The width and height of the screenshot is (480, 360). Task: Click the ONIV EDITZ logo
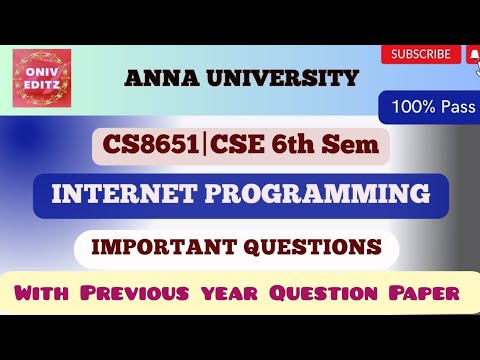[42, 79]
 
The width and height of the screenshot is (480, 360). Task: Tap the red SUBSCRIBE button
[420, 55]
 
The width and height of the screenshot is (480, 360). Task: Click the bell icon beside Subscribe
[471, 55]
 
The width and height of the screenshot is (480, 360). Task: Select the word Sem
[356, 147]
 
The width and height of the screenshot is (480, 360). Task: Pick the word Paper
[419, 296]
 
